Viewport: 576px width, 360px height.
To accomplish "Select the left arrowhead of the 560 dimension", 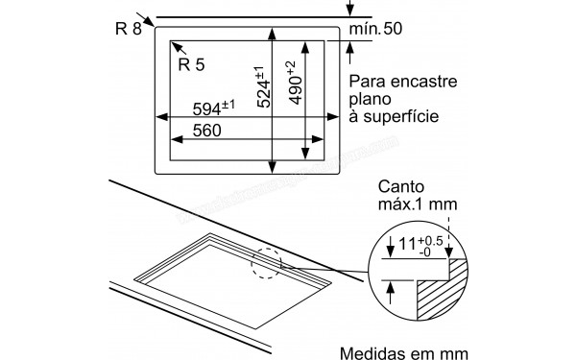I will click(x=175, y=138).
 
